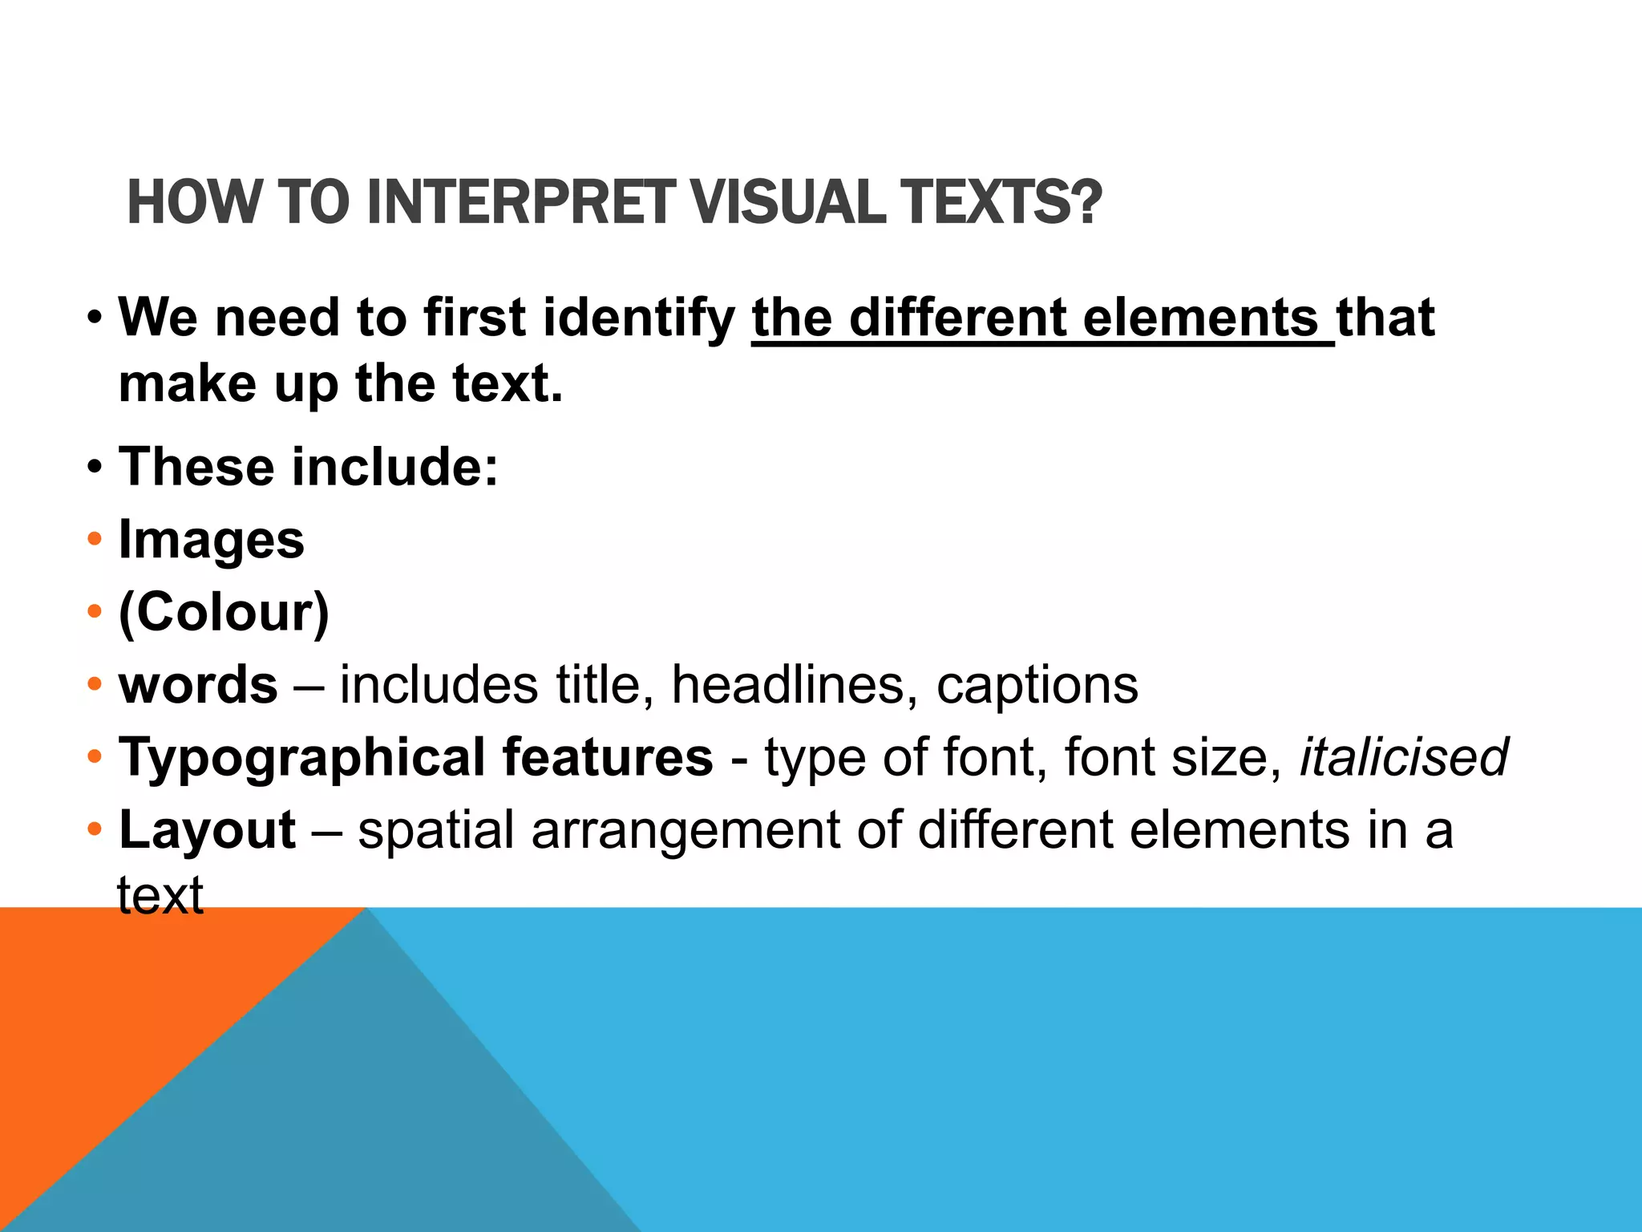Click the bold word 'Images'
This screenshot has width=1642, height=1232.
[x=212, y=541]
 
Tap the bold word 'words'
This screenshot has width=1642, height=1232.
[x=198, y=686]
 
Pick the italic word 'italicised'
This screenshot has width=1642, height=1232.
[x=1403, y=758]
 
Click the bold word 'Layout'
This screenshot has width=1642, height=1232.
[x=208, y=831]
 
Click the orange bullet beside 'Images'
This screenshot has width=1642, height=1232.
[x=95, y=539]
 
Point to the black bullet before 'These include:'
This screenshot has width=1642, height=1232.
[x=95, y=467]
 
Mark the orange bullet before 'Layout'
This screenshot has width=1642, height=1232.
[x=95, y=828]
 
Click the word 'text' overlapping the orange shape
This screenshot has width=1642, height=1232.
[x=160, y=895]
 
